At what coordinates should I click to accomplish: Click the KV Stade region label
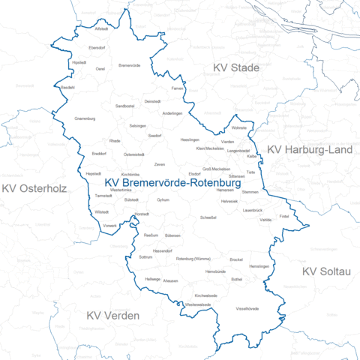click(x=235, y=68)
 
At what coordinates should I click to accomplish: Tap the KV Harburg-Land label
click(x=310, y=150)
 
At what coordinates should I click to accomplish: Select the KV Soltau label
click(x=326, y=271)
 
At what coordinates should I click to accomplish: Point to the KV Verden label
click(x=112, y=316)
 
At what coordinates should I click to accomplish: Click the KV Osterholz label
click(x=34, y=188)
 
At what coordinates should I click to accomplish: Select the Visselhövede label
click(x=247, y=308)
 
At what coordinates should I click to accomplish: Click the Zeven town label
click(x=160, y=163)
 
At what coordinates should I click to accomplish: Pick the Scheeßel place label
click(x=209, y=217)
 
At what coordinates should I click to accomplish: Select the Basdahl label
click(x=67, y=88)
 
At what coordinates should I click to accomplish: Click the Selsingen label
click(x=137, y=125)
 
